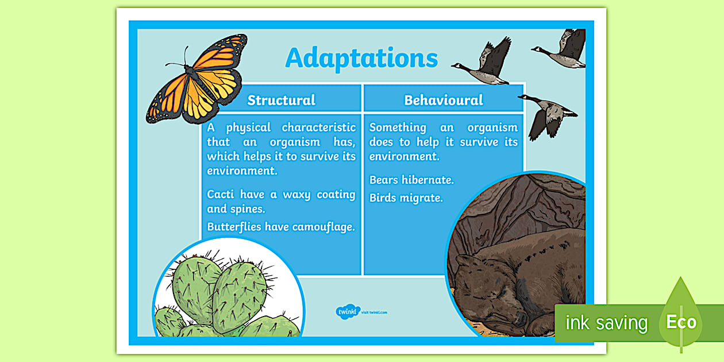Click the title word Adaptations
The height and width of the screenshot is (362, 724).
pyautogui.click(x=361, y=59)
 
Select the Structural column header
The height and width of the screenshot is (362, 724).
pyautogui.click(x=281, y=100)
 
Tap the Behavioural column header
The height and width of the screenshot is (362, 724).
pyautogui.click(x=444, y=100)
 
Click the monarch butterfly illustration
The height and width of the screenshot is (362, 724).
pyautogui.click(x=197, y=79)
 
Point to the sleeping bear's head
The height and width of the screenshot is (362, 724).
pyautogui.click(x=485, y=291)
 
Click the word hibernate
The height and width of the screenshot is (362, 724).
pyautogui.click(x=428, y=180)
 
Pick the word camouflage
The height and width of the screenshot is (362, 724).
pyautogui.click(x=324, y=227)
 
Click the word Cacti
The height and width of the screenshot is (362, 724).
pyautogui.click(x=220, y=194)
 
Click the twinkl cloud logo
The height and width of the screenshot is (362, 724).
pyautogui.click(x=348, y=312)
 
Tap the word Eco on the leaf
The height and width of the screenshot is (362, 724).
pyautogui.click(x=681, y=322)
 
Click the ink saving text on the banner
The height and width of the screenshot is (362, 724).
pyautogui.click(x=607, y=323)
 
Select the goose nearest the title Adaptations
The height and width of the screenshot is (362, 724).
pyautogui.click(x=482, y=61)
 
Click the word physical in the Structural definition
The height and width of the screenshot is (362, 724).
pyautogui.click(x=248, y=128)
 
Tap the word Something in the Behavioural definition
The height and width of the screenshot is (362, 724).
pyautogui.click(x=398, y=128)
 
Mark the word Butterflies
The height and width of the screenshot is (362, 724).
pyautogui.click(x=234, y=227)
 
